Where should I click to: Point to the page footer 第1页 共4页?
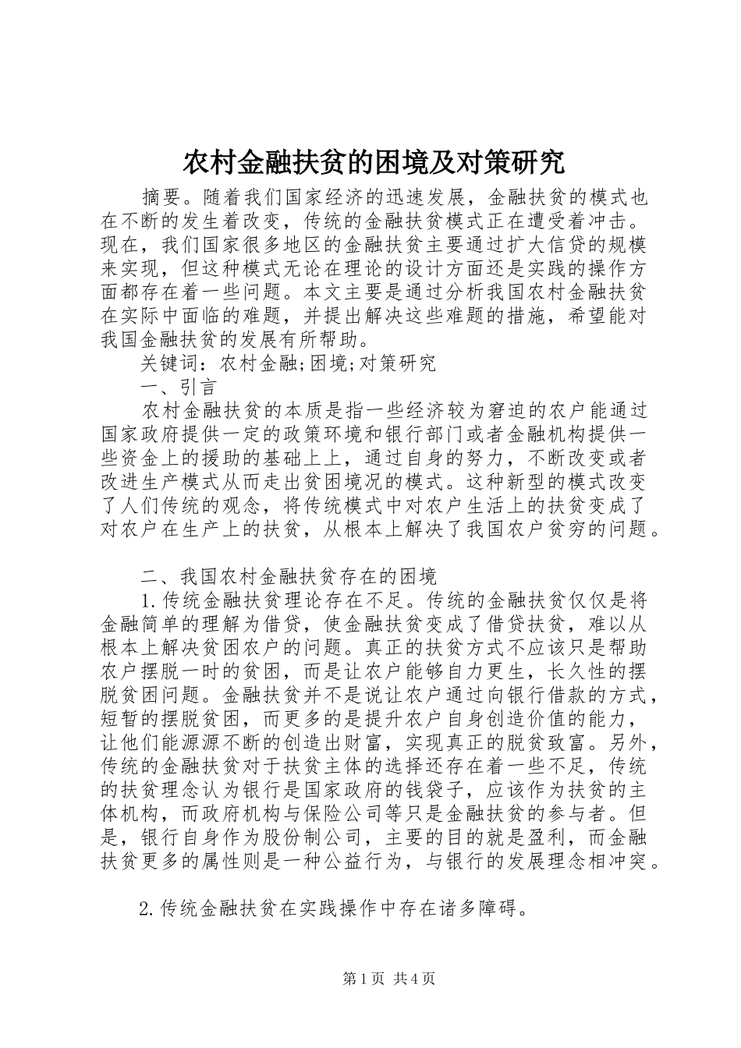click(370, 979)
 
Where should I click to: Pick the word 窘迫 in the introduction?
click(505, 412)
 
